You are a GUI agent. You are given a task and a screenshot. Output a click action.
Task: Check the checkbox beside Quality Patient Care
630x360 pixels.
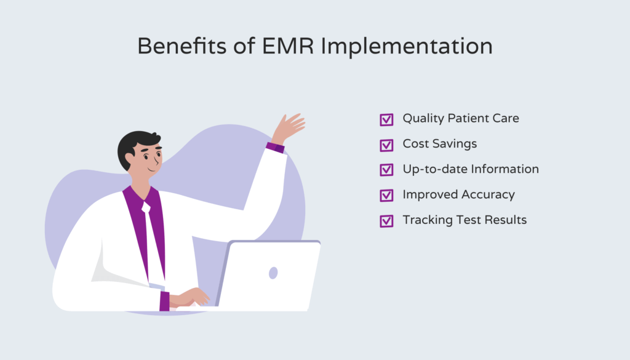point(386,119)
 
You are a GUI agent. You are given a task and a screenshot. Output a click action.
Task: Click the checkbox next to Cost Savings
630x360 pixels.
point(386,145)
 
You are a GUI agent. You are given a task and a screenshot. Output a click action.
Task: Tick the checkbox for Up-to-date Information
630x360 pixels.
point(386,170)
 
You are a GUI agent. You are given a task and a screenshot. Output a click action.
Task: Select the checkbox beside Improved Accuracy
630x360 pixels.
point(386,195)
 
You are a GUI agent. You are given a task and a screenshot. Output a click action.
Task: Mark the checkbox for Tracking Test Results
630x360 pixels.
point(386,220)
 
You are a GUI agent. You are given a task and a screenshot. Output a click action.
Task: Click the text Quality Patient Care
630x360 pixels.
point(461,118)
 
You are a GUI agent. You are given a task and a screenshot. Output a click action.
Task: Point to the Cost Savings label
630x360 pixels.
point(439,143)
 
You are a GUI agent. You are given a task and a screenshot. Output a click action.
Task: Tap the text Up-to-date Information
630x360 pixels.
point(471,169)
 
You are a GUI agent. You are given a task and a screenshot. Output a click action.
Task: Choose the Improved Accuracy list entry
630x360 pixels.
point(458,194)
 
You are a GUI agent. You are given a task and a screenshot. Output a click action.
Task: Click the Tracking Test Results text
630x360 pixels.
point(465,220)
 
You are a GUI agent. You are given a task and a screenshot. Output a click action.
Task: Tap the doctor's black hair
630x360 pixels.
point(133,145)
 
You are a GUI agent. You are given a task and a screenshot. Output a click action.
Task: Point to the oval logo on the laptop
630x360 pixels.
point(273,273)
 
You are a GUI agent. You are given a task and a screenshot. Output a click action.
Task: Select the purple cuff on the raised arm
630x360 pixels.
point(275,148)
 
